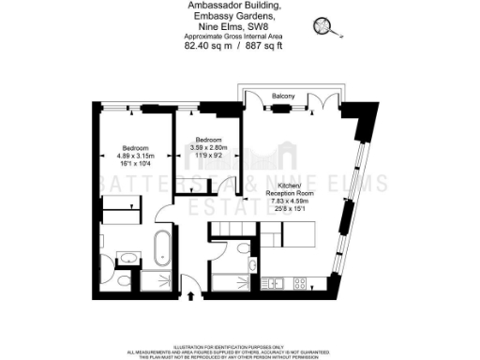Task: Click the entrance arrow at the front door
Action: [x=192, y=296]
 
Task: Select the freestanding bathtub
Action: [x=162, y=249]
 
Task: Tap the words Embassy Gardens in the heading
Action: [x=230, y=17]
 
